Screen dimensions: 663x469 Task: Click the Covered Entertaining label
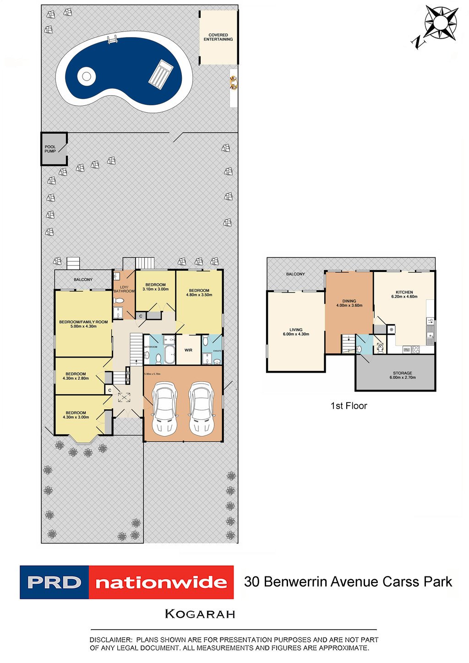tap(218, 37)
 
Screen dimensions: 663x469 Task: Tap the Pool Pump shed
tap(54, 149)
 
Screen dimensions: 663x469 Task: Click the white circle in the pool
tap(86, 76)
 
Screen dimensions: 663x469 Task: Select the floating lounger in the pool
tap(161, 74)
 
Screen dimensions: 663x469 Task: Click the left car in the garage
tap(164, 408)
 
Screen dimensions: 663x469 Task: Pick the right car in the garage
tap(202, 408)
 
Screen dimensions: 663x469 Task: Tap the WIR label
tap(188, 350)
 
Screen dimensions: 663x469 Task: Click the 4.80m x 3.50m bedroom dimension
tap(199, 295)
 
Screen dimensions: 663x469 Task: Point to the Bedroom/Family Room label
tap(83, 322)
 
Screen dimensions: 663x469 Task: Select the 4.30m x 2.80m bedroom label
tap(76, 378)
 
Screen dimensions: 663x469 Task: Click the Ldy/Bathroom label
tap(124, 289)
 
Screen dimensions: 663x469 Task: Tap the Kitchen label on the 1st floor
tap(404, 292)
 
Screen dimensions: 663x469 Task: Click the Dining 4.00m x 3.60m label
tap(349, 303)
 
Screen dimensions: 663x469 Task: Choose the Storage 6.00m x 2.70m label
tap(402, 375)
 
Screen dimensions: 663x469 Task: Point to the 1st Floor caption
tap(349, 406)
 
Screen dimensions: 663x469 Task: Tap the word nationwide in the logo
tap(161, 583)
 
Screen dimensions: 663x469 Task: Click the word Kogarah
tap(200, 614)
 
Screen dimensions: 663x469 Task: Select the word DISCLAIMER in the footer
tap(110, 640)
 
